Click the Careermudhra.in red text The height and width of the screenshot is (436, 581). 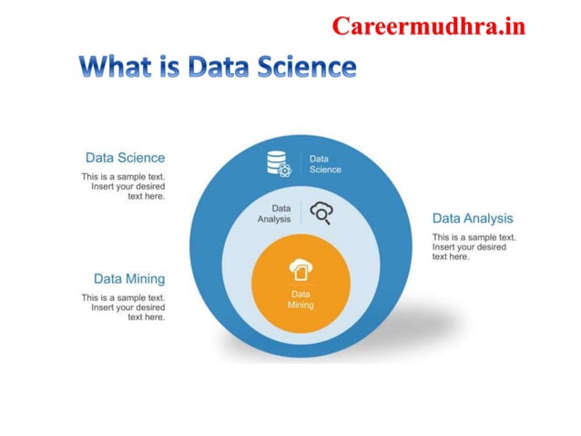click(x=428, y=26)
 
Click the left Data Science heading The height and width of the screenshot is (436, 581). click(x=125, y=158)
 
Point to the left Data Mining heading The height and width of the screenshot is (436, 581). click(x=129, y=278)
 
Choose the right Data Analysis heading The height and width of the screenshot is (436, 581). click(x=472, y=219)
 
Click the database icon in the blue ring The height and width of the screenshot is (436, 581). click(x=278, y=163)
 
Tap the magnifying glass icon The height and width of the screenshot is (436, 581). click(x=321, y=213)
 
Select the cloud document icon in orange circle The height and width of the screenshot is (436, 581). click(x=300, y=270)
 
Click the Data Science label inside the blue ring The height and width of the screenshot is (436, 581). click(x=324, y=163)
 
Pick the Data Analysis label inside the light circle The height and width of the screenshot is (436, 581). click(x=274, y=213)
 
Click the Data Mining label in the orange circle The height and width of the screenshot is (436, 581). click(x=301, y=299)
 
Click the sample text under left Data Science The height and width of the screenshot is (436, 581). click(x=124, y=186)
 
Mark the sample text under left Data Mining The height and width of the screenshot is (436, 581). click(x=124, y=307)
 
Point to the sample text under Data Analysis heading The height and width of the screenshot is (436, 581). click(x=473, y=246)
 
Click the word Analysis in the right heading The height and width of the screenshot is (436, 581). click(x=488, y=219)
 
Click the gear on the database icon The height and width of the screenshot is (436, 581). click(x=285, y=170)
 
